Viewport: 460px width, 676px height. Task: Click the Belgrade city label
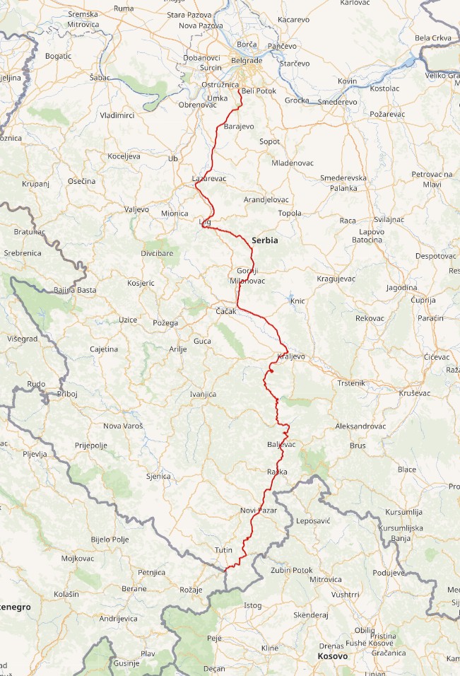coord(247,61)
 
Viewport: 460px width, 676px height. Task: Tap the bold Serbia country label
coord(265,240)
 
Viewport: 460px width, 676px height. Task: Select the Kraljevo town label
coord(292,356)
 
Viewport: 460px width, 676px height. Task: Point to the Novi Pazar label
coord(259,510)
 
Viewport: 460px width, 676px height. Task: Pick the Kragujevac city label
coord(336,279)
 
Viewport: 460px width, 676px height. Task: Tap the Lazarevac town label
coord(209,178)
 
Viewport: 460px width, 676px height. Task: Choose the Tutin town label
coord(223,549)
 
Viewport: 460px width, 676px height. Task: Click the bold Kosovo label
coord(332,656)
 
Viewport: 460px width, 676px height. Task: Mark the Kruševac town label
coord(415,392)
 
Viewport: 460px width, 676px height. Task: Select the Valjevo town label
coord(136,209)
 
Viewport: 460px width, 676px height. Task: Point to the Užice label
coord(128,320)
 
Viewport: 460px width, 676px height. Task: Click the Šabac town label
coord(100,77)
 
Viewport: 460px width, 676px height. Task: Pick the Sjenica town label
coord(158,476)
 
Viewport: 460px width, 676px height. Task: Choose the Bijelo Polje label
coord(110,540)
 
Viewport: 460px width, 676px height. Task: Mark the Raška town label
coord(278,471)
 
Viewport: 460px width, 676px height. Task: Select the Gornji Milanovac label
coord(247,276)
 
